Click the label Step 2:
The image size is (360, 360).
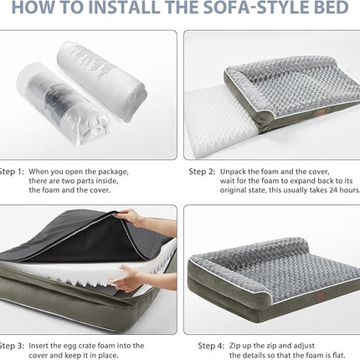coord(201,172)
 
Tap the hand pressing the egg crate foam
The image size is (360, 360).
coord(126,279)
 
